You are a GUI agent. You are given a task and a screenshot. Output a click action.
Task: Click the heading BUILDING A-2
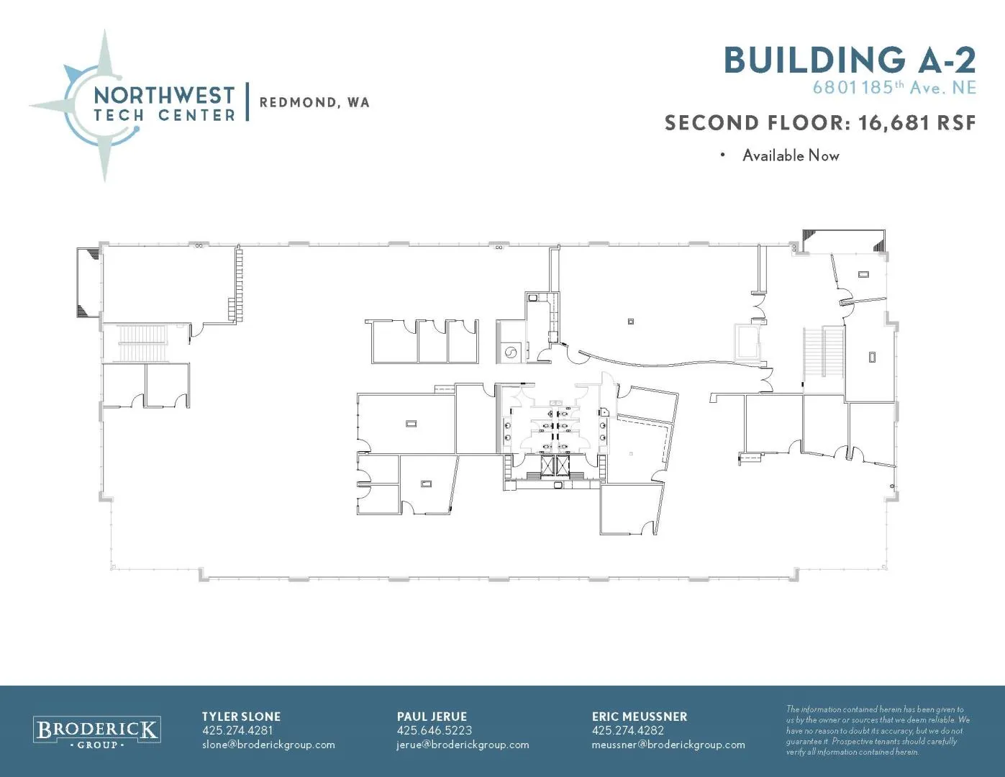[850, 60]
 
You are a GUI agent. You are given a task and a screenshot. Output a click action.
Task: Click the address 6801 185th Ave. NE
[894, 88]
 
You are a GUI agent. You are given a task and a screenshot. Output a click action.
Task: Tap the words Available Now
[791, 155]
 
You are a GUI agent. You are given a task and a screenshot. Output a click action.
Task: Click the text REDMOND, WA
[314, 103]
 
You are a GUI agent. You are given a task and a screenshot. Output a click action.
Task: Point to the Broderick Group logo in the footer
[96, 732]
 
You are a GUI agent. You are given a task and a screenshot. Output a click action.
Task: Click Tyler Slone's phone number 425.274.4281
[237, 730]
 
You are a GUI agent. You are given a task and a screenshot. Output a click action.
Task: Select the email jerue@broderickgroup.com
[463, 745]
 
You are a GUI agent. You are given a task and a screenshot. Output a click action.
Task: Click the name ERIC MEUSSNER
[639, 717]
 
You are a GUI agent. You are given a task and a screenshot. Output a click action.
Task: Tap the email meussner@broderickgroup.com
[668, 745]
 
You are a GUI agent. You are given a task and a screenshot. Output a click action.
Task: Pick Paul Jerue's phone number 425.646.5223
[435, 730]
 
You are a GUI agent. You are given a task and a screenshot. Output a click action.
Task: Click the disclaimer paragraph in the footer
[878, 730]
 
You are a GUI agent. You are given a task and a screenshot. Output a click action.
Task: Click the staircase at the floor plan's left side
[142, 342]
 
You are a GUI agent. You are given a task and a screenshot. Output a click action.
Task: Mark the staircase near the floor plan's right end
[824, 352]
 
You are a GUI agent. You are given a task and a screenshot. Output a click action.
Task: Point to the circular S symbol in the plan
[511, 353]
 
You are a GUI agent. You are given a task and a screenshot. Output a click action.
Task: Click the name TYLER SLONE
[241, 717]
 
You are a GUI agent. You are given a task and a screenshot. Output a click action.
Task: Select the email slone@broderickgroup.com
[268, 745]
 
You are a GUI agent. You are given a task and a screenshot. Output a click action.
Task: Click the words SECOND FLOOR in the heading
[757, 123]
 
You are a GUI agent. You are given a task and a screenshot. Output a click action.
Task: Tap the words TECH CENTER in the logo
[164, 115]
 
